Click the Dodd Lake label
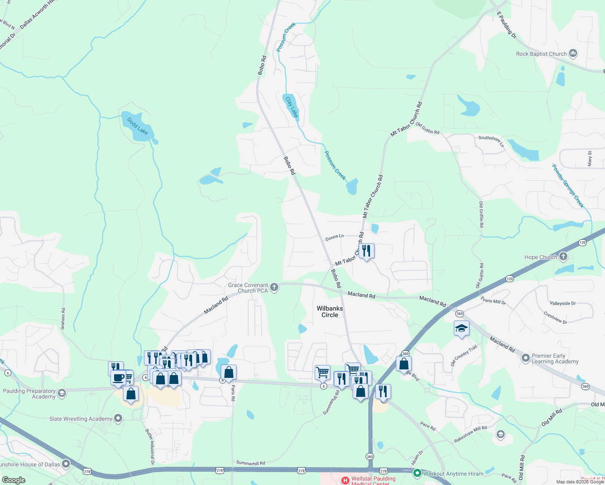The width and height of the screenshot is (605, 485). (137, 126)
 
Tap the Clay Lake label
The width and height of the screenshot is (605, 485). (292, 107)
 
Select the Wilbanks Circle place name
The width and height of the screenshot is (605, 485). (330, 312)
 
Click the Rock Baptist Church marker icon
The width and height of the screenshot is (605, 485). (573, 53)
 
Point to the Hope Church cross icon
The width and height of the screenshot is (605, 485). (563, 257)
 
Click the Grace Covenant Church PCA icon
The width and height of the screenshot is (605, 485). (274, 287)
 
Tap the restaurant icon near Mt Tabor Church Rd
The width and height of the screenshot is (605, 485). (366, 251)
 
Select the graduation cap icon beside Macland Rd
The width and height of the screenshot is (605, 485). (461, 328)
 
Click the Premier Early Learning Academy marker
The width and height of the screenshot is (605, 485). (525, 358)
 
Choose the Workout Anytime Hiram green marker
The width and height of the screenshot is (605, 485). (417, 473)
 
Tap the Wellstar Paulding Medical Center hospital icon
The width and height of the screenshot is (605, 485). (345, 481)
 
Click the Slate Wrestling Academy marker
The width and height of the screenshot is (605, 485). (118, 418)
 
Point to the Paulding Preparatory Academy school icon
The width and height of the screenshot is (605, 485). (61, 393)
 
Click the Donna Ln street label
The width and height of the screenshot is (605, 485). (334, 238)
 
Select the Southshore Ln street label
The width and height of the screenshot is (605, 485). (491, 140)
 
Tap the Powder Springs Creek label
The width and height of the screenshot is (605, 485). (568, 186)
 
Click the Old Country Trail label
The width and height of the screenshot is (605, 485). (464, 355)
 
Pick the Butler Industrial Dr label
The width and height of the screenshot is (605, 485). (150, 446)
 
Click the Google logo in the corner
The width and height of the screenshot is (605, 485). (13, 480)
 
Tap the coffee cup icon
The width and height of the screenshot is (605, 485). (118, 377)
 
